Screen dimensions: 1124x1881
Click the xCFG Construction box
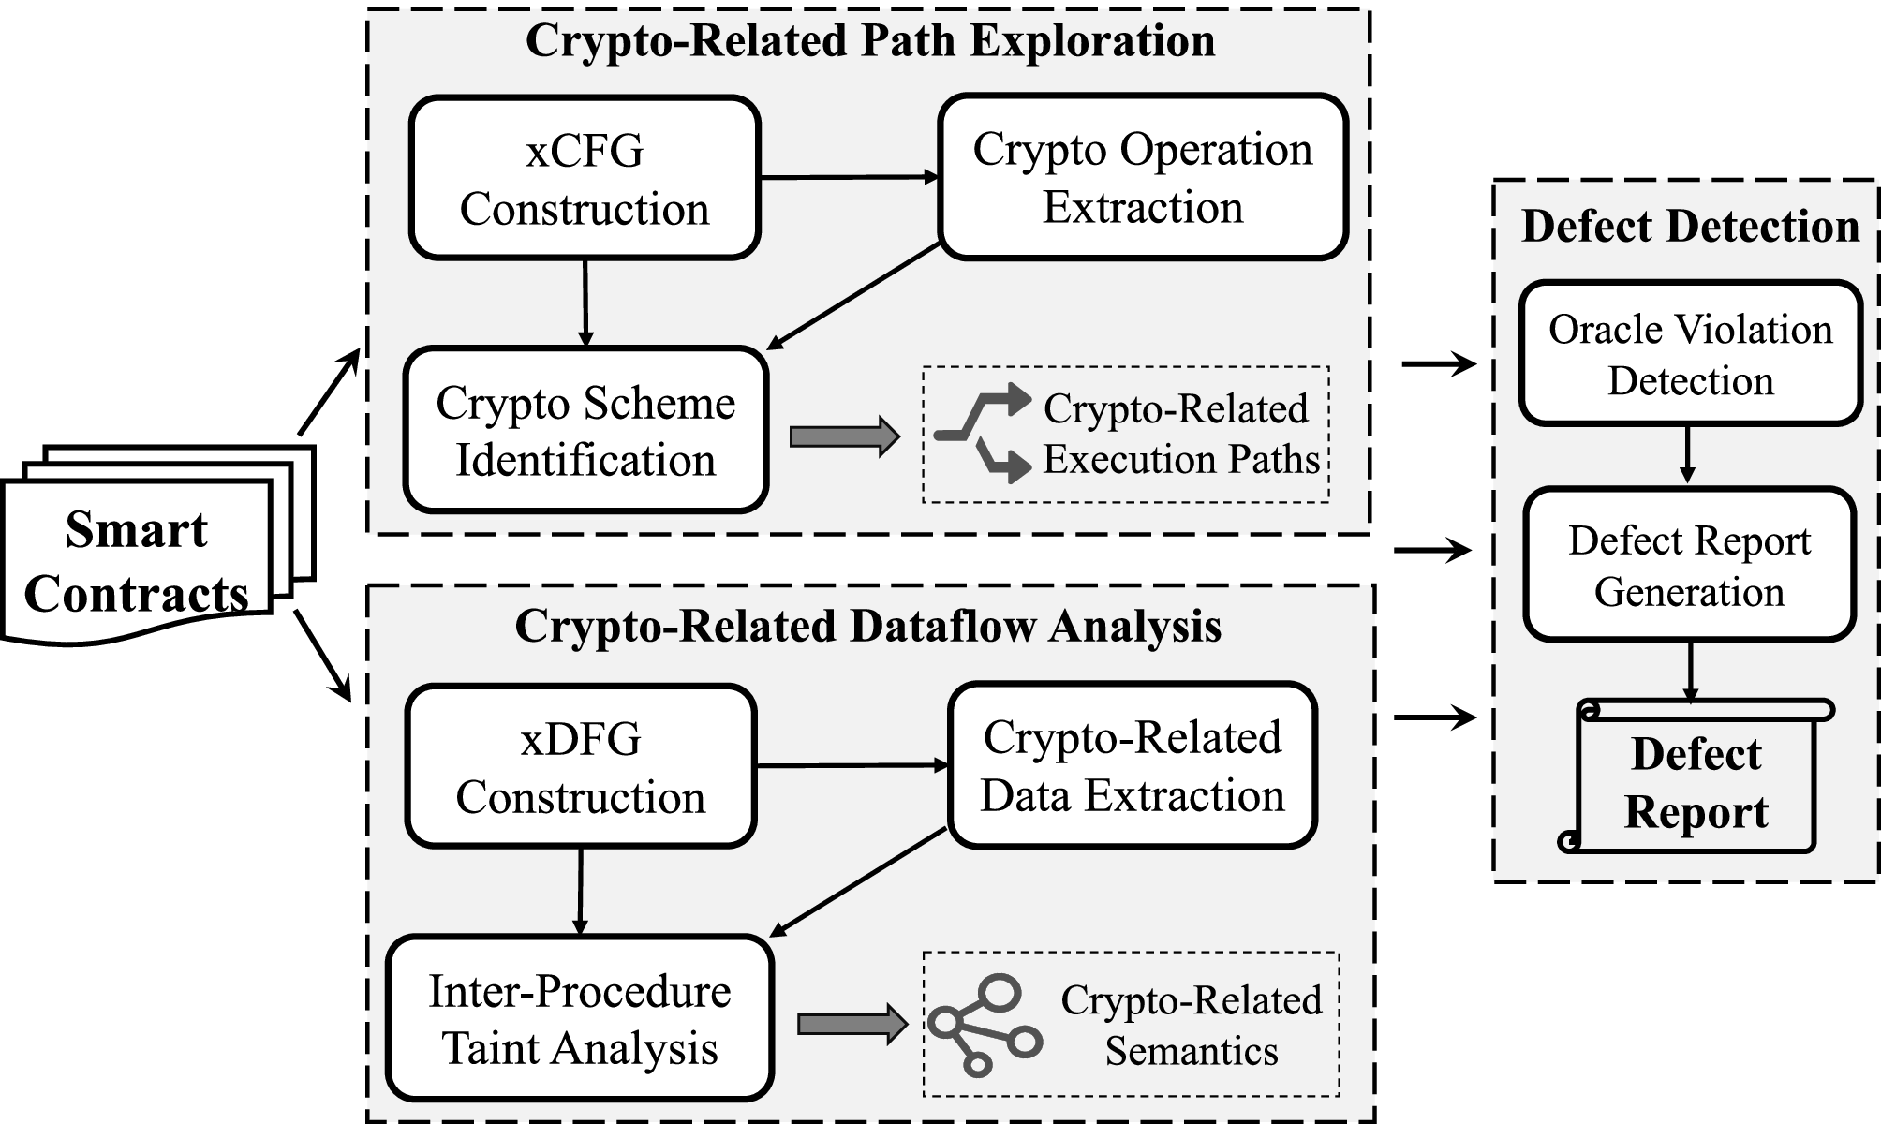click(x=585, y=178)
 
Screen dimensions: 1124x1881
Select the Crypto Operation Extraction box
click(x=1143, y=177)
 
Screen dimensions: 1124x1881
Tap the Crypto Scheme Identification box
click(x=585, y=431)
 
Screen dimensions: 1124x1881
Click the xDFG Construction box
click(x=581, y=766)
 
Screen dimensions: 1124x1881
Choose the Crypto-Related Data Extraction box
click(x=1133, y=765)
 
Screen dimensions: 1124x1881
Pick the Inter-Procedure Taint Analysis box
click(x=580, y=1018)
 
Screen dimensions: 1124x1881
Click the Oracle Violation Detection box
click(x=1690, y=354)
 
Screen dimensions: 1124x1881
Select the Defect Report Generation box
click(x=1689, y=565)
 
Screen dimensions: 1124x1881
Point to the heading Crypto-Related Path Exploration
click(x=869, y=41)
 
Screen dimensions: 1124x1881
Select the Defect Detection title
click(x=1690, y=226)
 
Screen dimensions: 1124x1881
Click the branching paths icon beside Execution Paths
click(x=984, y=433)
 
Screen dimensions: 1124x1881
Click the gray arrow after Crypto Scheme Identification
click(x=844, y=437)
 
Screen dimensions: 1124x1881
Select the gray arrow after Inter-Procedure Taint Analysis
click(x=852, y=1024)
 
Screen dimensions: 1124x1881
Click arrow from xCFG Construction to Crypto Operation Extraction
click(x=849, y=177)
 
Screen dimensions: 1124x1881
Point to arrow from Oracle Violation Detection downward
click(x=1687, y=455)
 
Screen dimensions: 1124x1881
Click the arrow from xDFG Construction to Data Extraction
click(x=852, y=766)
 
